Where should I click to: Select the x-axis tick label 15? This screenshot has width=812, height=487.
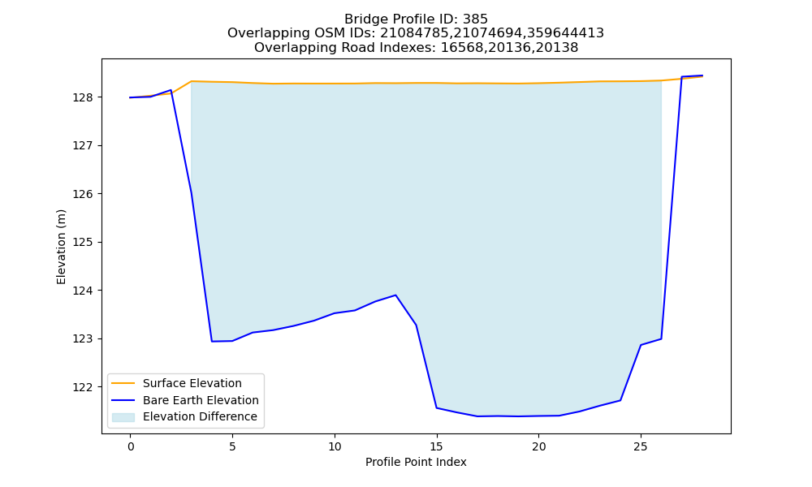pos(437,446)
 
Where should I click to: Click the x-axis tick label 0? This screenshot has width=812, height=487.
pos(131,446)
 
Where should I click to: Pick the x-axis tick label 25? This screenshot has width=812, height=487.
pos(641,446)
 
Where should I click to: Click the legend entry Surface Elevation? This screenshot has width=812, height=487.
pos(192,383)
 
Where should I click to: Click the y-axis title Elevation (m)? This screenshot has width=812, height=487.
pos(61,247)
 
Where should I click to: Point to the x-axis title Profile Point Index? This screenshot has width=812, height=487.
pos(416,462)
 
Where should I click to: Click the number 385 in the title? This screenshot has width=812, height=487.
pos(476,19)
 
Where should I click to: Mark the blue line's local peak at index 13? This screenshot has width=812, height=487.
pos(395,295)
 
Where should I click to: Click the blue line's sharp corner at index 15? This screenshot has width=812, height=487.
pos(437,407)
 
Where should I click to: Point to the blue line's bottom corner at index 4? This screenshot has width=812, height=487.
pos(212,342)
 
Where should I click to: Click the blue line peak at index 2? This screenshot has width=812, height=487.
pos(171,90)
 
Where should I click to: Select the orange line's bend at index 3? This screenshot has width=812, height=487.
pos(192,81)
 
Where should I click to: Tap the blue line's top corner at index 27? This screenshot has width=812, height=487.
pos(681,76)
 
